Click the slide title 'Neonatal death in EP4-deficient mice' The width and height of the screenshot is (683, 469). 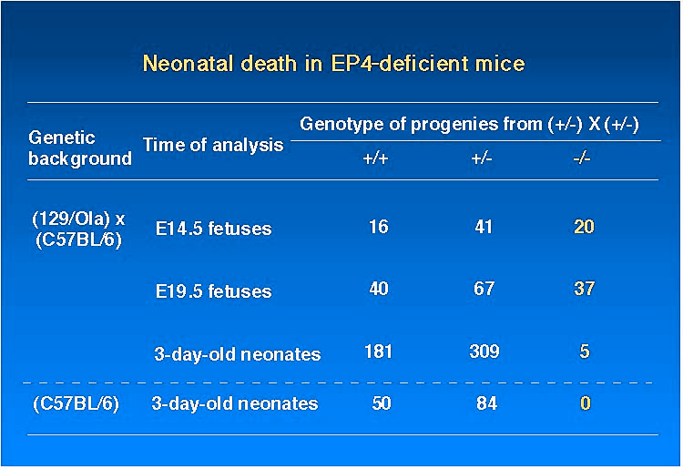click(x=333, y=64)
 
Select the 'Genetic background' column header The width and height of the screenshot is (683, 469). click(x=80, y=148)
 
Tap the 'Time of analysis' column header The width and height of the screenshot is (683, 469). click(x=213, y=145)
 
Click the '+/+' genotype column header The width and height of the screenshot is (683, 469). click(x=375, y=158)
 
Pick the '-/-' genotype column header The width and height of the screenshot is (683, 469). click(x=582, y=158)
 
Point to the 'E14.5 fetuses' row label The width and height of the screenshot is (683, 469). click(x=213, y=229)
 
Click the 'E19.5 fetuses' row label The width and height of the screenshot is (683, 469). click(x=213, y=291)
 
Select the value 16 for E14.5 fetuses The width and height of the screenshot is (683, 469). click(x=379, y=227)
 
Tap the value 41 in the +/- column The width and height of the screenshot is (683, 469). click(x=484, y=227)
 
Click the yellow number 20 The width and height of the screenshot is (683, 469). click(x=584, y=227)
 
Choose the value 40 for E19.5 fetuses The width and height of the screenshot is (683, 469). click(x=379, y=289)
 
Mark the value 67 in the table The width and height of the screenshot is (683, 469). click(x=484, y=289)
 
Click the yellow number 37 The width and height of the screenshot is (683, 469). click(x=584, y=289)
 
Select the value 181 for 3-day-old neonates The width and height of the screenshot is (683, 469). click(x=378, y=352)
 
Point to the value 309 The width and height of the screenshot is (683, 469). click(x=484, y=352)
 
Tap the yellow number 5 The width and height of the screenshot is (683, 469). click(x=585, y=352)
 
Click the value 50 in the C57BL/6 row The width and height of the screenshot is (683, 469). click(x=382, y=403)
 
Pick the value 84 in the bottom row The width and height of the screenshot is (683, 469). click(x=486, y=403)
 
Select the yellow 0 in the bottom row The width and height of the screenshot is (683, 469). click(x=586, y=403)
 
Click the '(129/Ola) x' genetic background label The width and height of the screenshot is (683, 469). click(x=78, y=219)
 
